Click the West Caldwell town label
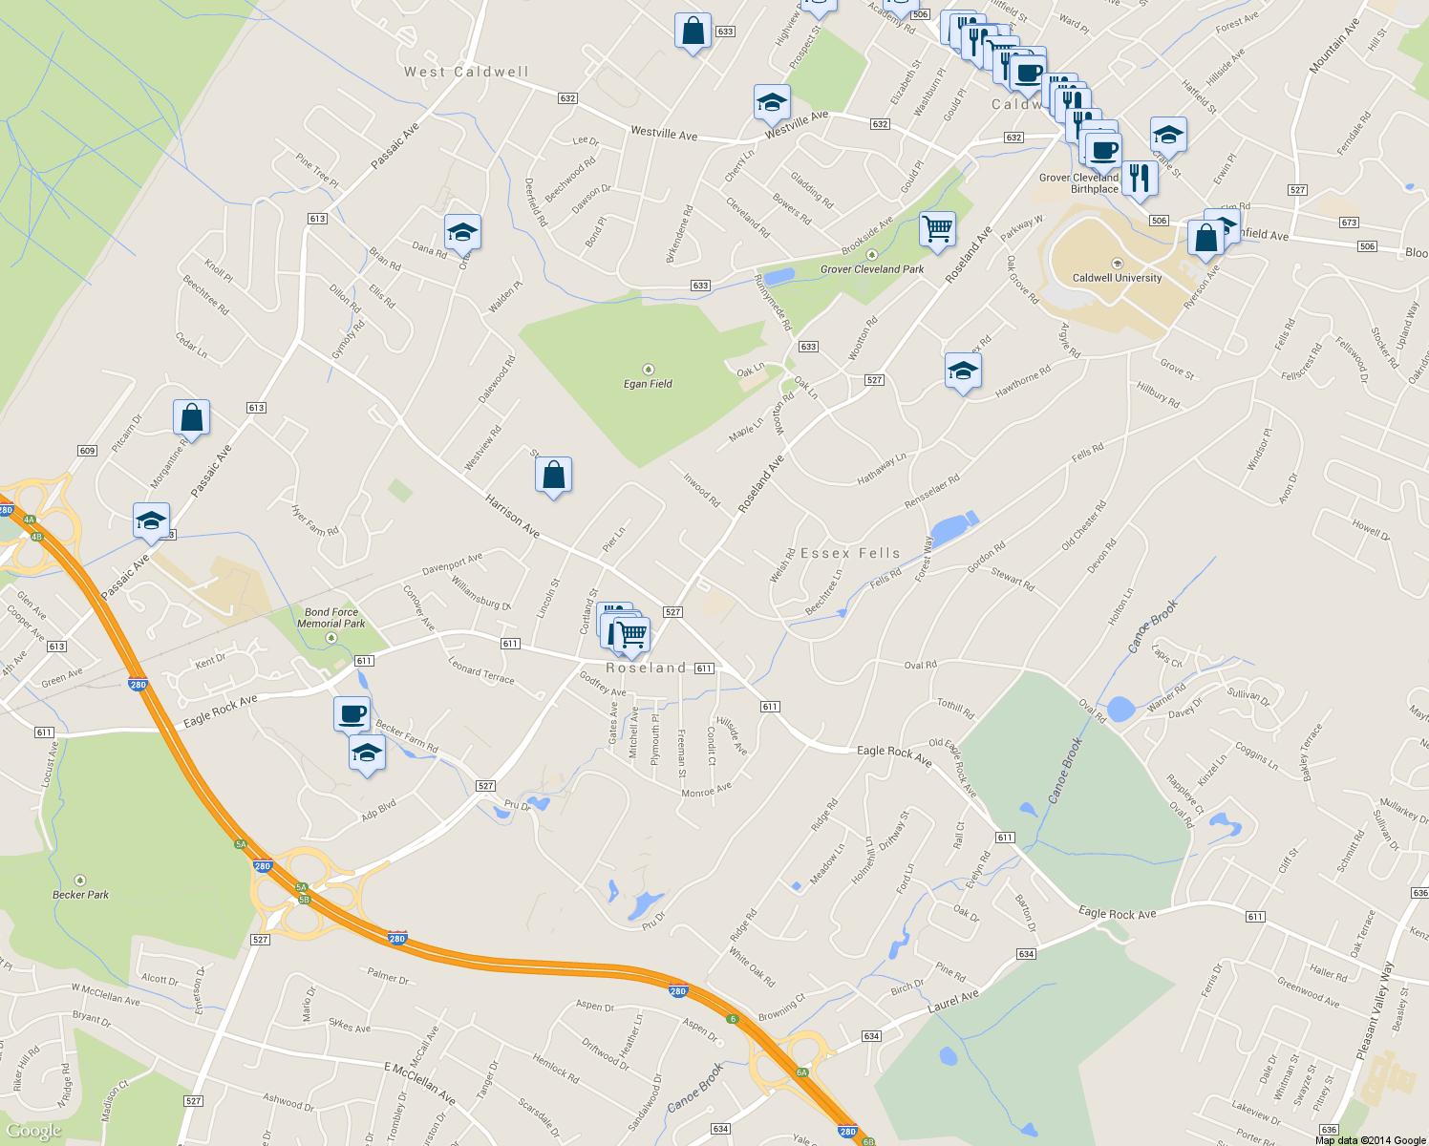pos(465,72)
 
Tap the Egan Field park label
pos(648,383)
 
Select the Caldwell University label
pos(1117,278)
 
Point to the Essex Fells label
pos(850,553)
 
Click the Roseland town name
pos(646,668)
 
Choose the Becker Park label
pos(80,894)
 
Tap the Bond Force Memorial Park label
pos(331,618)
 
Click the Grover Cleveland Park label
pos(872,269)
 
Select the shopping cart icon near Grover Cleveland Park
pos(937,229)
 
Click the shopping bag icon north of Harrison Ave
pos(553,474)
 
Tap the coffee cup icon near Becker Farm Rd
pos(352,713)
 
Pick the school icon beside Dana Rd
pos(462,232)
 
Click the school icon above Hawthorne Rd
pos(963,371)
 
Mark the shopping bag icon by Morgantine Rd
pos(191,417)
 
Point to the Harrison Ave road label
pos(512,516)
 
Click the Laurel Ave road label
pos(953,1002)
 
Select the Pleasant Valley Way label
pos(1375,1010)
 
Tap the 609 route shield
pos(87,451)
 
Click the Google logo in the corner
pos(34,1132)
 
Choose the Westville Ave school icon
pos(771,103)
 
